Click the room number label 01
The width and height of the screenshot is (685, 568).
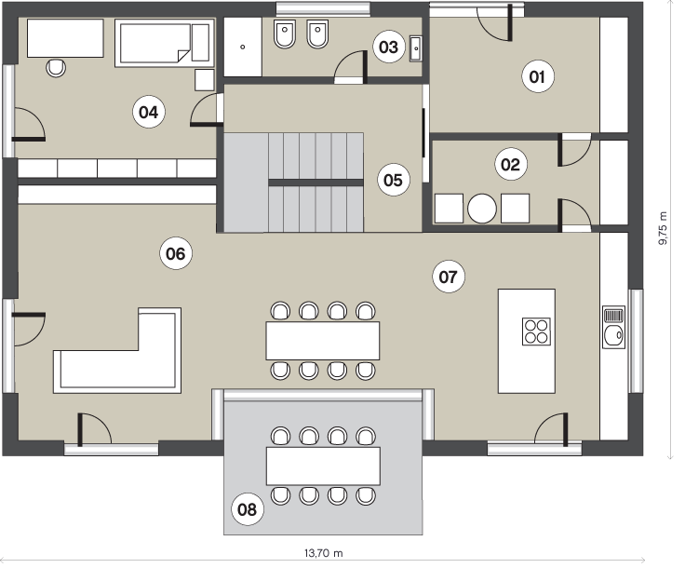click(x=538, y=77)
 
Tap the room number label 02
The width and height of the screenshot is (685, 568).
click(x=511, y=165)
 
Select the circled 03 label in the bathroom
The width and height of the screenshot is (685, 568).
click(x=388, y=47)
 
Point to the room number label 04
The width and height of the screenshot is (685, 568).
click(x=149, y=113)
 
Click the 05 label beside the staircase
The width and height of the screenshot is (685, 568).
click(x=393, y=180)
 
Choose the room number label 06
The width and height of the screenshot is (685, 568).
click(x=176, y=253)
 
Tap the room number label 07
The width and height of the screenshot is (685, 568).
click(x=449, y=277)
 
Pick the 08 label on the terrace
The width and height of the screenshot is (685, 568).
click(x=247, y=509)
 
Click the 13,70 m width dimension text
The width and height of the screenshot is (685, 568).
click(x=324, y=553)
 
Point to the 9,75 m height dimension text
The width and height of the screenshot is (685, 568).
click(x=664, y=228)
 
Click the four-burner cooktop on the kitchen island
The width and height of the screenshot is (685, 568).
click(x=536, y=331)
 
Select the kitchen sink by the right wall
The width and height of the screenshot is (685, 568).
click(x=613, y=327)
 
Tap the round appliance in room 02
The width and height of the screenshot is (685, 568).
click(x=482, y=209)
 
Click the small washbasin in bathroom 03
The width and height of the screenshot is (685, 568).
click(x=415, y=48)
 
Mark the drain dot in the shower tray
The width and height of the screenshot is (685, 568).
click(x=243, y=47)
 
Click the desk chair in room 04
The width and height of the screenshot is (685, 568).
click(x=56, y=68)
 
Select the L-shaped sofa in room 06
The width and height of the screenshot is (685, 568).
click(x=117, y=350)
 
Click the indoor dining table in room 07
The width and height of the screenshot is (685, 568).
click(x=323, y=341)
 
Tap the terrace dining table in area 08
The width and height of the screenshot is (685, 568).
click(x=323, y=466)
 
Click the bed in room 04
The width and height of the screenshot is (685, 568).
click(x=165, y=43)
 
